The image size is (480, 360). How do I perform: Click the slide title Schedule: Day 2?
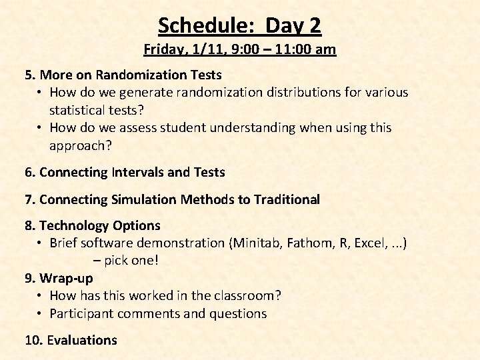239,25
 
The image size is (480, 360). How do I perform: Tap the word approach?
77,145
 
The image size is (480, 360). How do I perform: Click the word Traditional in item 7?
287,199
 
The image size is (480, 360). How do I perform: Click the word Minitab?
256,243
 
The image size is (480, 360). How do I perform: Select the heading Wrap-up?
66,278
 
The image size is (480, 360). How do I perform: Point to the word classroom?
247,295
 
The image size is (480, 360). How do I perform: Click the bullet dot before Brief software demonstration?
41,243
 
